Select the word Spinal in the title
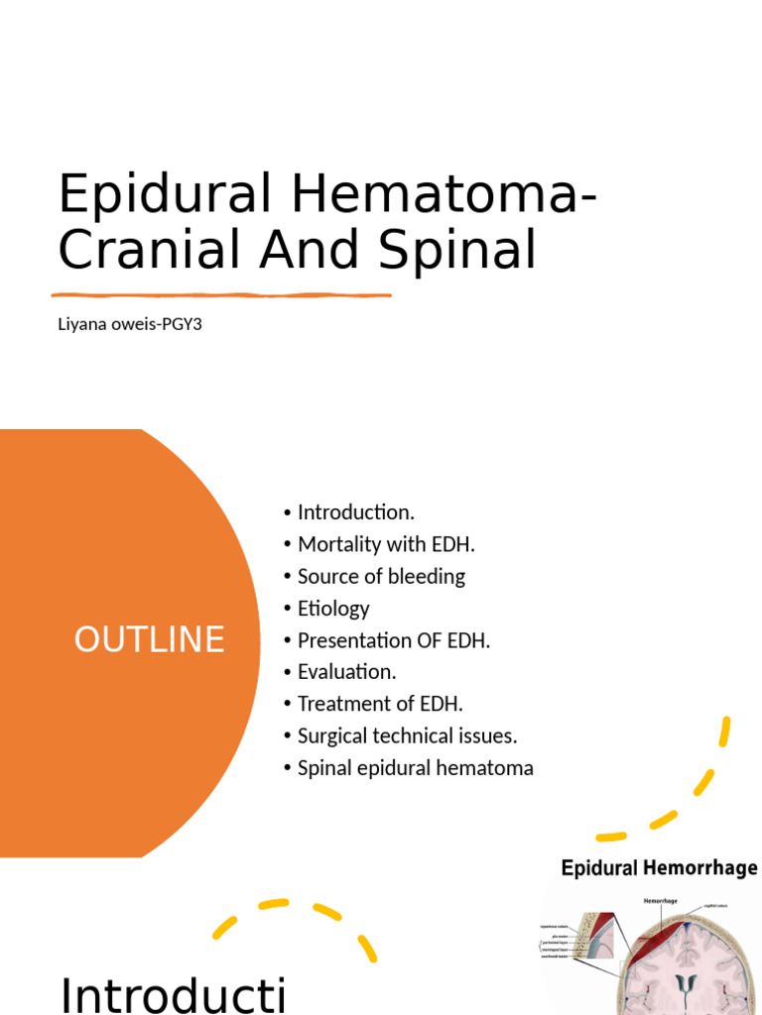[469, 250]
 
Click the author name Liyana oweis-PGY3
[130, 324]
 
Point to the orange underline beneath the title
[221, 294]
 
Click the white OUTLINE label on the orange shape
[149, 640]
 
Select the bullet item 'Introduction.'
[355, 512]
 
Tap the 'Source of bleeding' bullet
[381, 576]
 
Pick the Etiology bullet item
[333, 609]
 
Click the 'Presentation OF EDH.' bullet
[394, 640]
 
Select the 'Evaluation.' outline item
[346, 672]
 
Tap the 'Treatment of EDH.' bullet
[380, 704]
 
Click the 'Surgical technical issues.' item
[407, 735]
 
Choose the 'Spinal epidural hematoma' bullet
[415, 768]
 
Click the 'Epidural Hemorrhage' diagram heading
[659, 869]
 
